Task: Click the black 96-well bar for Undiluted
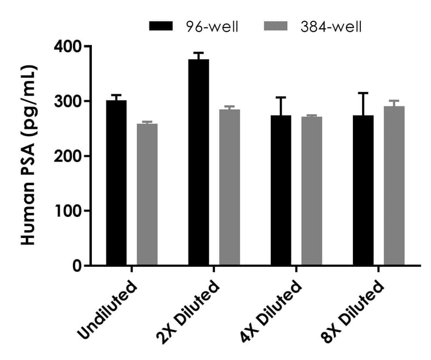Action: coord(116,183)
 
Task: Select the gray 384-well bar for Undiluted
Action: coord(147,194)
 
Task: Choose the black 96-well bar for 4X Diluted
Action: coord(281,190)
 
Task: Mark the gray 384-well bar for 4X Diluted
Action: coord(312,191)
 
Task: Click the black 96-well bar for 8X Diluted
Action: coord(363,190)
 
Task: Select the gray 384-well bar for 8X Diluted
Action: coord(394,186)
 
